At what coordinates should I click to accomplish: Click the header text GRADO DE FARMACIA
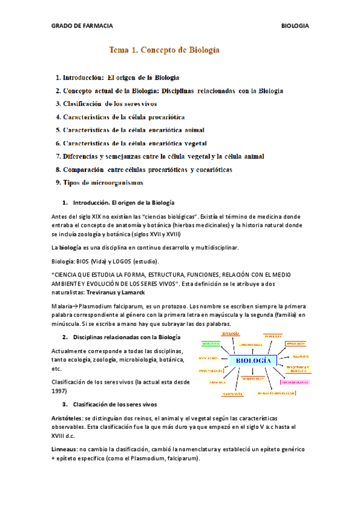click(82, 26)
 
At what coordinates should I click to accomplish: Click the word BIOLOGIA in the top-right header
click(295, 26)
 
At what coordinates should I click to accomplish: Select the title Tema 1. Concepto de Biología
click(163, 51)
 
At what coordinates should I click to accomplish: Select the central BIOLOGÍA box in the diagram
click(253, 361)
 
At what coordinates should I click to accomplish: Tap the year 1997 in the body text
click(59, 390)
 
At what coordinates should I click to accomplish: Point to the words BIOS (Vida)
click(91, 261)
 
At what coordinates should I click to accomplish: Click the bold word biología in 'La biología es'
click(73, 247)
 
